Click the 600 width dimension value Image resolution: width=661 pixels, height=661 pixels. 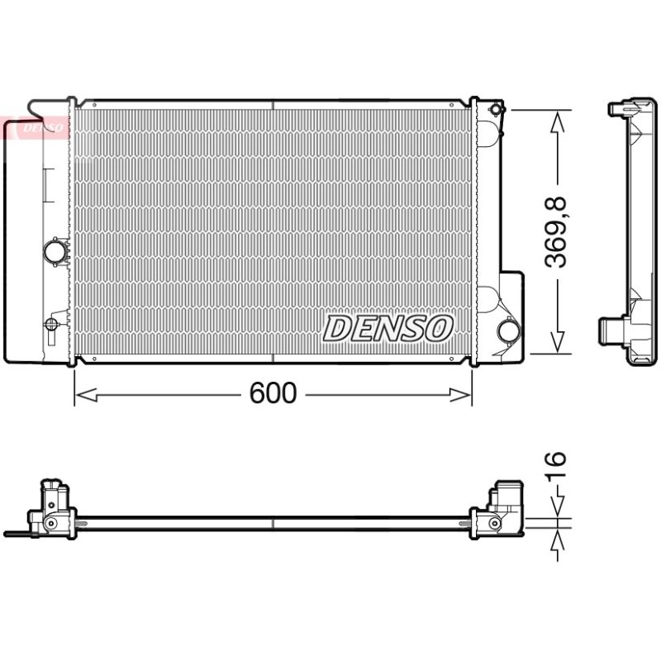pyautogui.click(x=273, y=393)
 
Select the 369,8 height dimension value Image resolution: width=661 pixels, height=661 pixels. pyautogui.click(x=555, y=232)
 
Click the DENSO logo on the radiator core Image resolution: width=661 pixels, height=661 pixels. pyautogui.click(x=388, y=328)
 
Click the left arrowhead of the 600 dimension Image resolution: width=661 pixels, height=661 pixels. pyautogui.click(x=86, y=395)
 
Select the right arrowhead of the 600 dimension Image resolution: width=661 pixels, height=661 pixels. pyautogui.click(x=460, y=395)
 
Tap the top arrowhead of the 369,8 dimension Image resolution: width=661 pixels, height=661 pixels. pyautogui.click(x=557, y=121)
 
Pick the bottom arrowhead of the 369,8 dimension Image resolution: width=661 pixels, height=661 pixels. pyautogui.click(x=557, y=342)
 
